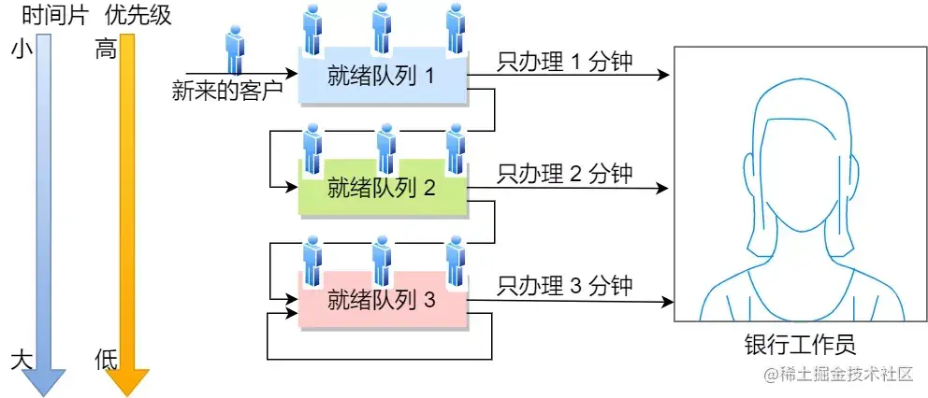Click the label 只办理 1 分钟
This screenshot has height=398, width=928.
(x=565, y=63)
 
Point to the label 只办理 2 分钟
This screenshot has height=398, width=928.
(x=565, y=173)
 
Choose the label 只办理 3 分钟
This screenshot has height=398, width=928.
(x=565, y=285)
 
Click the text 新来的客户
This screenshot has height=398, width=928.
(x=227, y=91)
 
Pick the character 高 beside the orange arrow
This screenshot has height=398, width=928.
(x=106, y=50)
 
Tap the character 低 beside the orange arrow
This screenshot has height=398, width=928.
(x=106, y=360)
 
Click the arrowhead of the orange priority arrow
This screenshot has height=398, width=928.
(x=127, y=380)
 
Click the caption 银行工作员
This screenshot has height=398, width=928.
(x=794, y=345)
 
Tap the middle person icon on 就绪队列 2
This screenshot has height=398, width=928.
(x=384, y=149)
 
